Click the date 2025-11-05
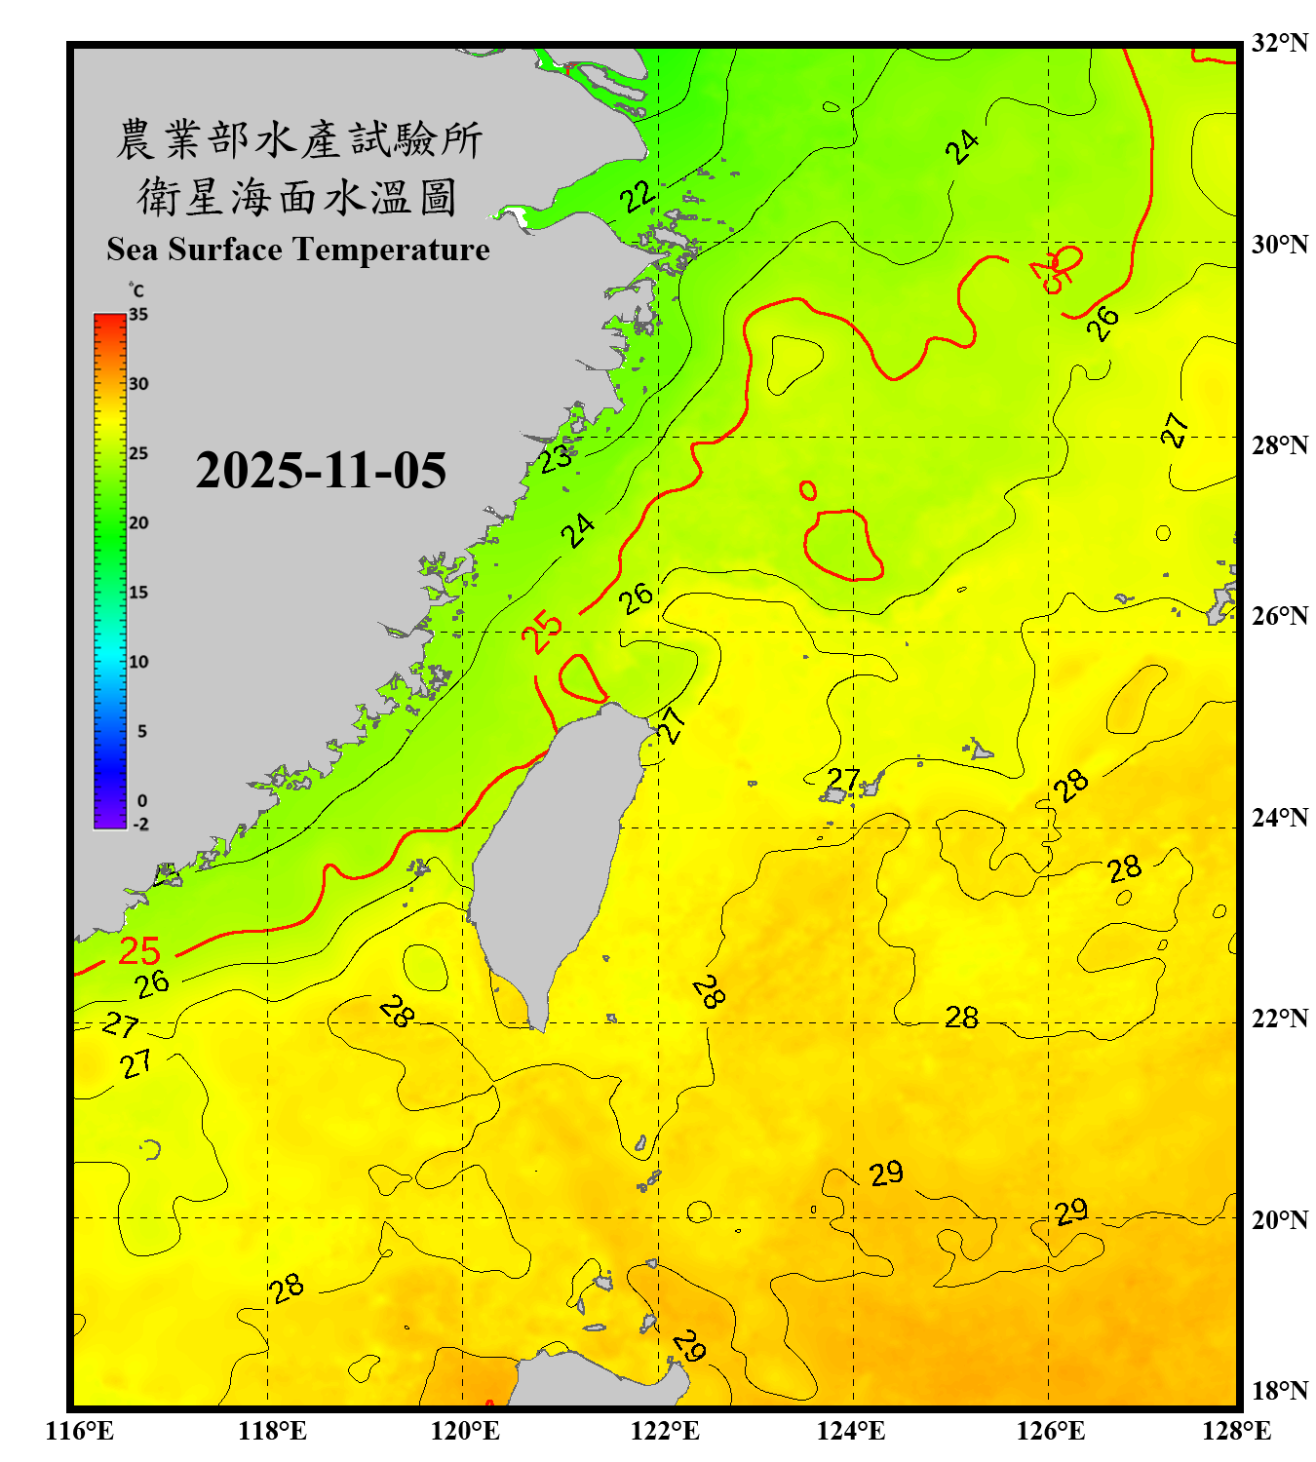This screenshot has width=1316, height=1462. [x=321, y=471]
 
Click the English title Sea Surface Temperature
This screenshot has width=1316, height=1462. [x=298, y=250]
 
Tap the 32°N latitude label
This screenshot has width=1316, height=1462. [x=1279, y=43]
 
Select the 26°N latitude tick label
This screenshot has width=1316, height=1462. [x=1279, y=616]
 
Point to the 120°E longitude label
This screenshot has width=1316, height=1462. [x=465, y=1431]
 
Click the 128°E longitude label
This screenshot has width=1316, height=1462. [x=1236, y=1431]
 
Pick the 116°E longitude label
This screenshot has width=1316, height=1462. [x=80, y=1431]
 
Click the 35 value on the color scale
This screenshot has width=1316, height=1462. [x=138, y=314]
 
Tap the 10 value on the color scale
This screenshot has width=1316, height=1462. [x=138, y=662]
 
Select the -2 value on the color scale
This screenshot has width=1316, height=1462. [x=140, y=824]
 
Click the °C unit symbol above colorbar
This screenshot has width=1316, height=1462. [x=135, y=290]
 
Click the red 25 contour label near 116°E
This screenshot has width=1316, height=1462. [x=138, y=950]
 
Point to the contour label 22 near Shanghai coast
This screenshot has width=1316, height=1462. [x=638, y=197]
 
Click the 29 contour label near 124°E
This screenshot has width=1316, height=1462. [x=886, y=1173]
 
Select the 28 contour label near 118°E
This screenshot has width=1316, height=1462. [x=287, y=1289]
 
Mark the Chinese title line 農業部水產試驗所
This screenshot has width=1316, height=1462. [x=298, y=139]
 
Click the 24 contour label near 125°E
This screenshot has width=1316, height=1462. [x=962, y=147]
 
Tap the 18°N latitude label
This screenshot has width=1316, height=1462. [x=1279, y=1391]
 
